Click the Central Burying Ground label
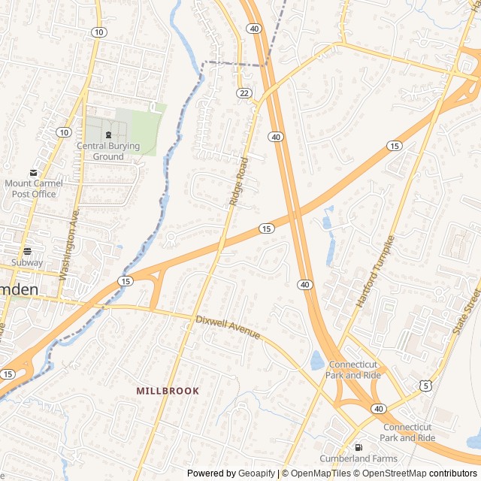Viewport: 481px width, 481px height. click(x=108, y=151)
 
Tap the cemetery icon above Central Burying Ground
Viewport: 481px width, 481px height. click(x=108, y=135)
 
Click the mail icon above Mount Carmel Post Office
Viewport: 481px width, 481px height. click(x=33, y=173)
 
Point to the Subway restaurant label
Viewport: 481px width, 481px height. click(x=27, y=263)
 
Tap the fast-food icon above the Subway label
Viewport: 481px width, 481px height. click(x=27, y=250)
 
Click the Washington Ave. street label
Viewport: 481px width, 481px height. click(x=70, y=245)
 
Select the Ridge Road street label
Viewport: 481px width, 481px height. click(x=238, y=182)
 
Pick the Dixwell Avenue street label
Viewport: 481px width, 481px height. click(x=228, y=326)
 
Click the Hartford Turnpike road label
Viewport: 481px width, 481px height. click(x=376, y=271)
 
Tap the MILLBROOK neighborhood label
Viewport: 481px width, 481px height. click(x=168, y=391)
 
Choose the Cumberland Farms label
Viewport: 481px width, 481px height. click(x=358, y=458)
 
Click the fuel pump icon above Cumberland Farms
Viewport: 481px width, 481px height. click(x=358, y=446)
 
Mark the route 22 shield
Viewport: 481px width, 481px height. click(x=244, y=92)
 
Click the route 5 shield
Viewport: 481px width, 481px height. click(x=426, y=386)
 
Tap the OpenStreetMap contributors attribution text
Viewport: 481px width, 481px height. click(x=422, y=473)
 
